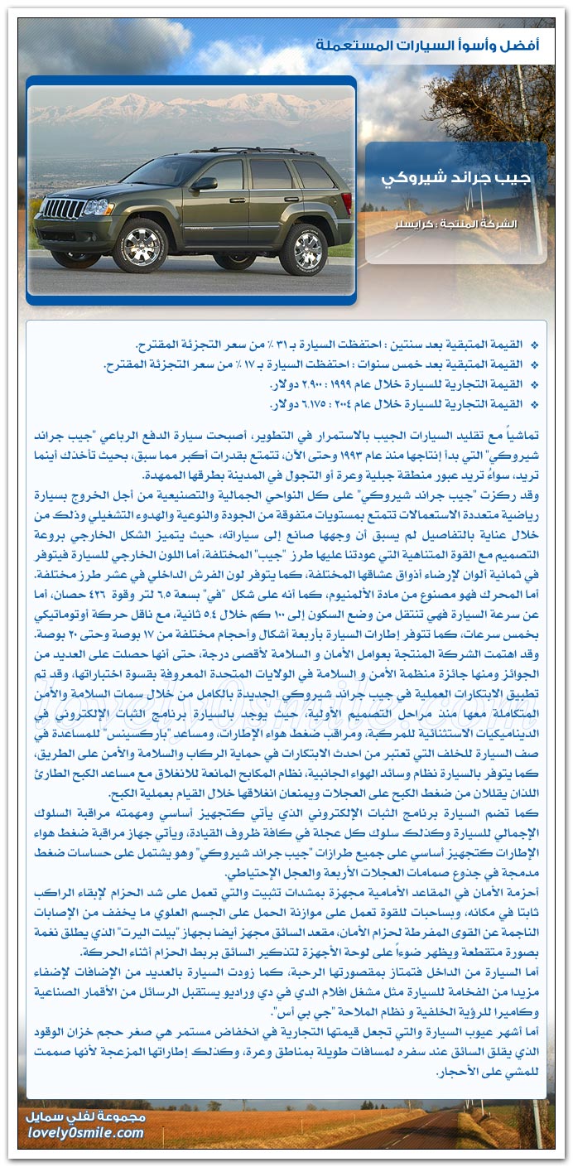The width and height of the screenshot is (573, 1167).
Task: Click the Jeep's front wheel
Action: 140,245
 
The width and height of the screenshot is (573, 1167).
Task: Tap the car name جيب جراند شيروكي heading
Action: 456,179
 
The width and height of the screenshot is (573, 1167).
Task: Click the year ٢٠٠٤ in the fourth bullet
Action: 359,404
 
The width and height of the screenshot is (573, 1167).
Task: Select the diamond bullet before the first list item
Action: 534,345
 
